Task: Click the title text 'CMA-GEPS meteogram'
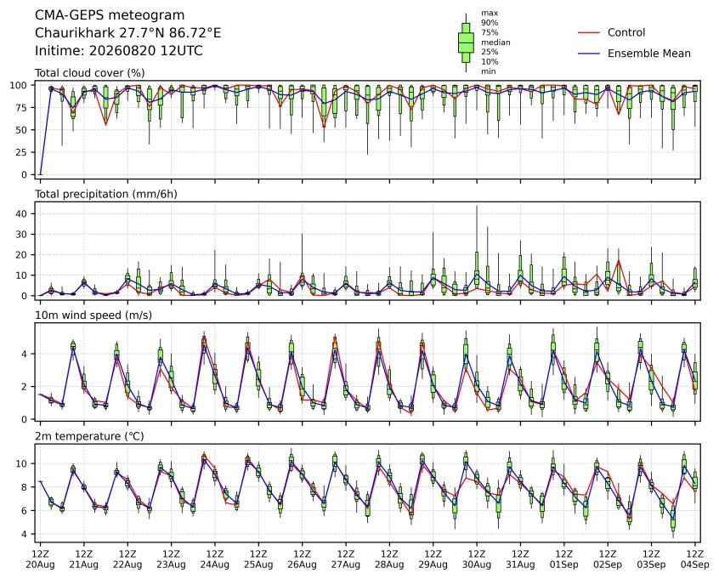pos(110,15)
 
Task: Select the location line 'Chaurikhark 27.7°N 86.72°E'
pos(128,33)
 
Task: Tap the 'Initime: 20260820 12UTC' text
pos(119,50)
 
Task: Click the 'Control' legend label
pos(626,32)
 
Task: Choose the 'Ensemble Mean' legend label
pos(648,54)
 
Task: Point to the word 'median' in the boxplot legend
pos(495,43)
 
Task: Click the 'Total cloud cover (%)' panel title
pos(90,73)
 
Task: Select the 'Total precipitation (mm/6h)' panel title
pos(106,194)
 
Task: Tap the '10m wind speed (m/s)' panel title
pos(93,315)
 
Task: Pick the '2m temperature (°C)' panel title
pos(89,436)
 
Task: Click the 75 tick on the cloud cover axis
pos(21,108)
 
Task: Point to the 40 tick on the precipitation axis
pos(21,213)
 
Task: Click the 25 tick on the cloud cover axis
pos(21,152)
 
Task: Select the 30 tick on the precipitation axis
pos(21,235)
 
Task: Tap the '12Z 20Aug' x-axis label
pos(40,559)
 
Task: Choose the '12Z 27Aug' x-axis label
pos(346,559)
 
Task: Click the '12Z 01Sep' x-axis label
pos(564,559)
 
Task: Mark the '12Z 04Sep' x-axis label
pos(695,559)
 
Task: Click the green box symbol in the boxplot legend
pos(466,43)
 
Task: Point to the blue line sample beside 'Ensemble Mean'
pos(589,54)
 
